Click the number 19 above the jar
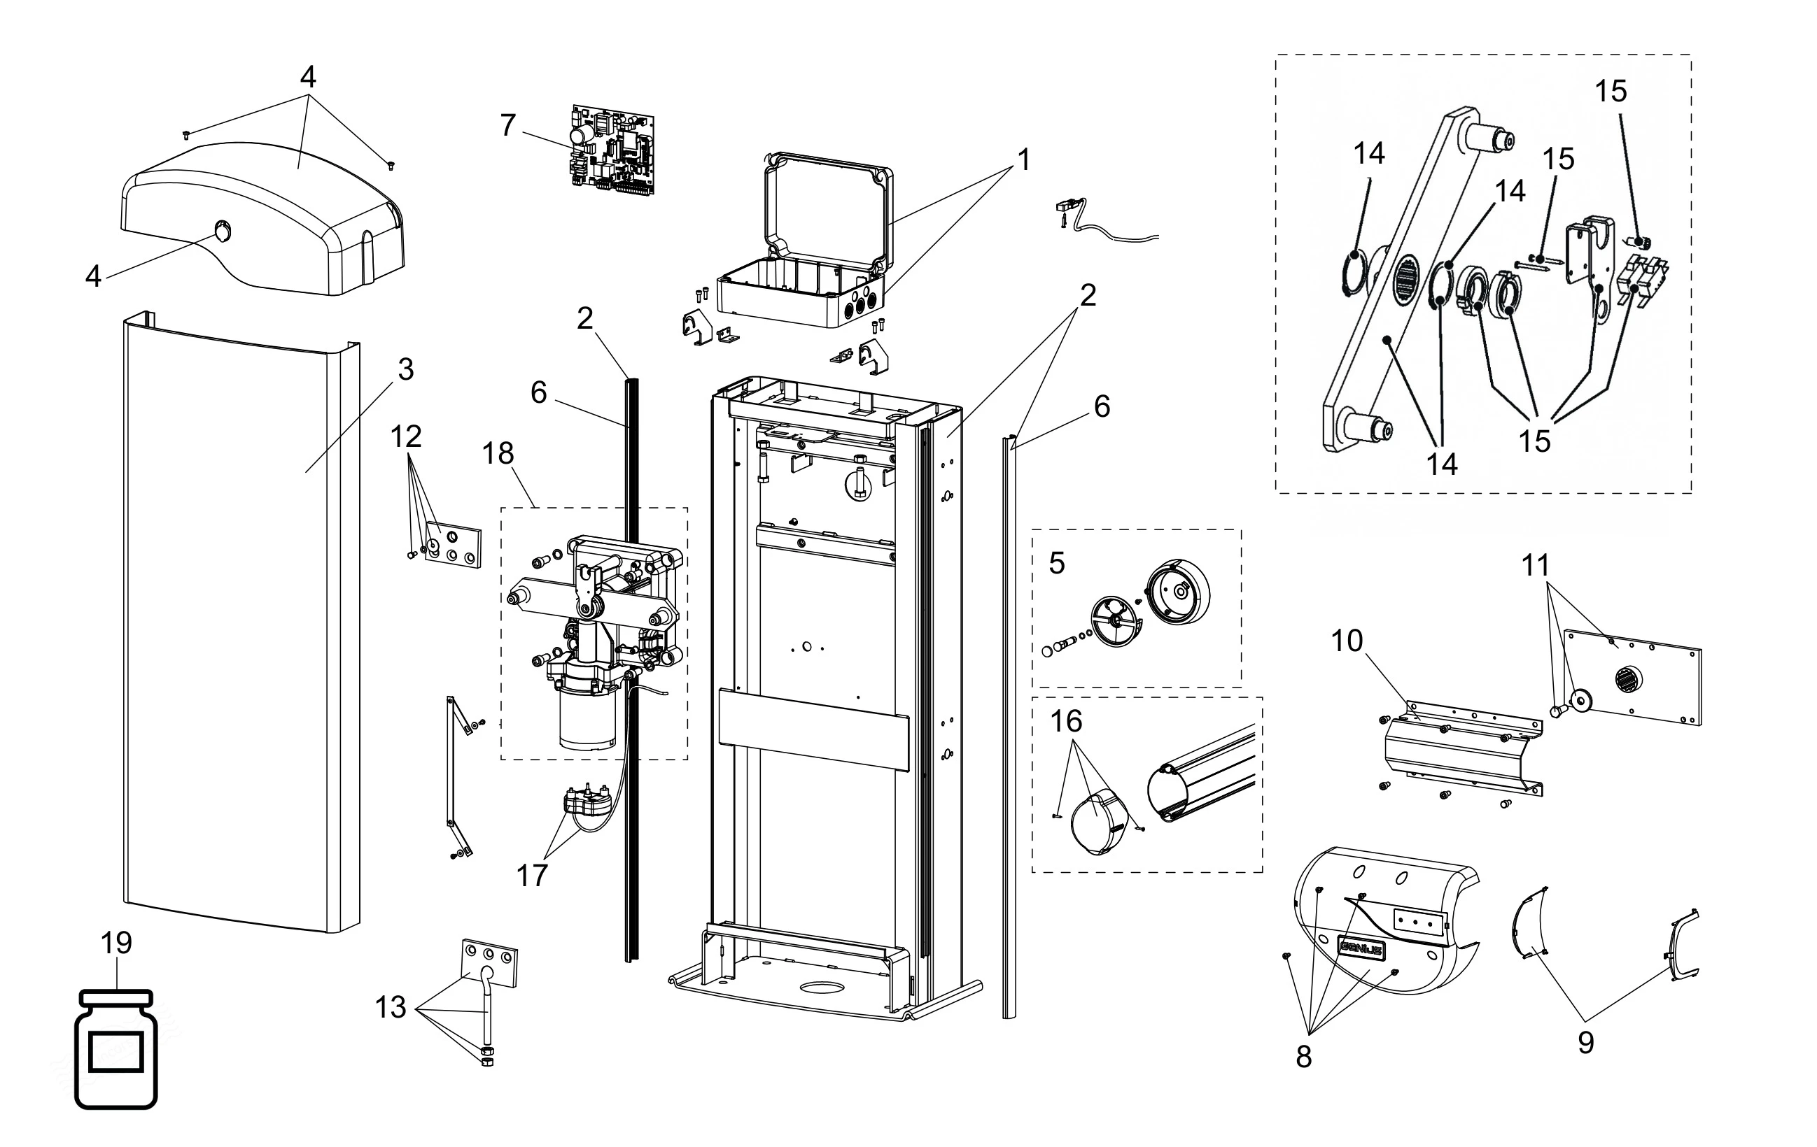tap(116, 943)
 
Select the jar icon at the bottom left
tap(115, 1050)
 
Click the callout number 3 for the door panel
tap(406, 369)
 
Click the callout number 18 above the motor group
tap(498, 453)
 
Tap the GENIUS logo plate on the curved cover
tap(1361, 948)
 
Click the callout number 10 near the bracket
tap(1347, 641)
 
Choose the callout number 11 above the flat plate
tap(1536, 565)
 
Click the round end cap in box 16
tap(1099, 821)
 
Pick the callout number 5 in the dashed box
tap(1056, 563)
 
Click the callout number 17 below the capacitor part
tap(532, 876)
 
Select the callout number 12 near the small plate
tap(406, 436)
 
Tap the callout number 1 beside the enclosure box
tap(1023, 160)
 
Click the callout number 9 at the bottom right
tap(1585, 1043)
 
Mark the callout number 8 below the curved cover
tap(1304, 1057)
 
